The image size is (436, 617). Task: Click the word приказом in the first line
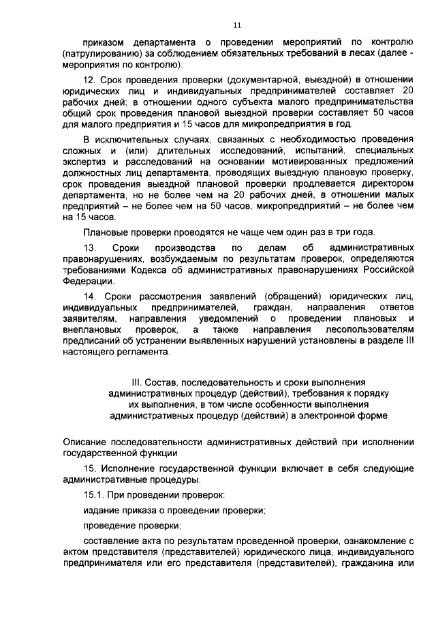[103, 41]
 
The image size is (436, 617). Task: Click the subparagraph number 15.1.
[95, 494]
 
